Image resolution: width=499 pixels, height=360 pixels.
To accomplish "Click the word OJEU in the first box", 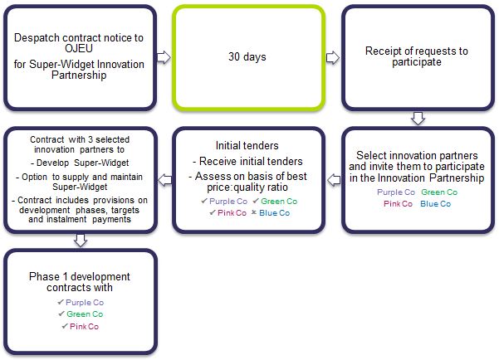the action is pos(79,48).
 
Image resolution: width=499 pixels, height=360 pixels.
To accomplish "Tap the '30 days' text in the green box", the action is pos(247,56).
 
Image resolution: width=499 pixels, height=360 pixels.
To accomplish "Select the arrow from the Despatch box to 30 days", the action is pos(164,57).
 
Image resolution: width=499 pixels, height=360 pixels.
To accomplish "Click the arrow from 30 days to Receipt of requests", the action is pos(333,57).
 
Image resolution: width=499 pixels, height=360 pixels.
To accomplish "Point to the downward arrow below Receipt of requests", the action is pos(418,119).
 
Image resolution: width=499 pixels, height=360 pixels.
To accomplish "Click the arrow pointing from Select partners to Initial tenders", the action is pos(334,180).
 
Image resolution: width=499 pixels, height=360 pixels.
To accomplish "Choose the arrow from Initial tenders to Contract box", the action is pos(165,180).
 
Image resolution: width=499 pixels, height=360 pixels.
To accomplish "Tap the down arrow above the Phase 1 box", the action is pos(81,241).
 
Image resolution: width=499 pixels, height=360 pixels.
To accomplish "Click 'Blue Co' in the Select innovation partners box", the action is pos(436,204).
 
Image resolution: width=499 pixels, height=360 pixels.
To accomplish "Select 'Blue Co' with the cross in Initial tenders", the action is pos(274,213).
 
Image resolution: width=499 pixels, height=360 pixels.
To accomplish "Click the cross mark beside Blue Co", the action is pos(254,212).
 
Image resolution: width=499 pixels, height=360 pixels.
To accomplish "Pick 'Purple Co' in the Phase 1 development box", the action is pos(85,303).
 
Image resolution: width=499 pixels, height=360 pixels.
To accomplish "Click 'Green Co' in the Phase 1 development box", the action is pos(85,314).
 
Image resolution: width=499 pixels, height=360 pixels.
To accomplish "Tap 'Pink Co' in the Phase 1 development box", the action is pos(85,327).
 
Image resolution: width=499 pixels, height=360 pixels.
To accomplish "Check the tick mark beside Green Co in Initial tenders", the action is pos(256,201).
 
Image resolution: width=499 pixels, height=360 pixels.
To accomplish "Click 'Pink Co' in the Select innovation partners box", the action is pos(398,204).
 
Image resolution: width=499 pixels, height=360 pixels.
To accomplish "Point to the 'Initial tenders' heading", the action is pos(247,146).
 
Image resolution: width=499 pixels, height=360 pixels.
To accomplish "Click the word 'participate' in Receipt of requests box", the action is pos(417,62).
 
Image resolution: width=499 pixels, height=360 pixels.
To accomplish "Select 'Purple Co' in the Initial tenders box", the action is pos(228,202).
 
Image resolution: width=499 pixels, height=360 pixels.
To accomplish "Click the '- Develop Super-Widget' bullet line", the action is pos(80,163).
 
